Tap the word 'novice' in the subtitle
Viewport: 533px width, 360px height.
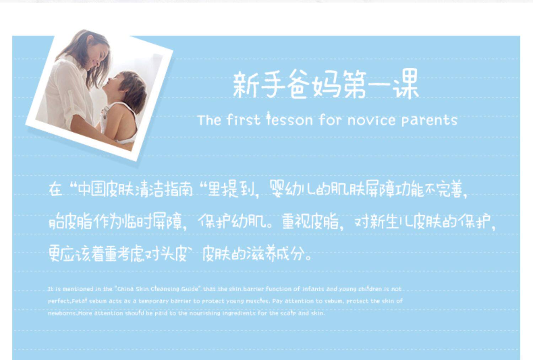[371, 120]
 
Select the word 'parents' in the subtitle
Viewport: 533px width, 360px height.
[429, 120]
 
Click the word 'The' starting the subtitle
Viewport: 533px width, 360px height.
[209, 120]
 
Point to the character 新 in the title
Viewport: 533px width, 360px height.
[245, 85]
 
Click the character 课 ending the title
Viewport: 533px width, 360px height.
[406, 84]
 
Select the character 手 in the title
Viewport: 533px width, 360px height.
[273, 85]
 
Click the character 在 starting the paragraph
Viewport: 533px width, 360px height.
[56, 189]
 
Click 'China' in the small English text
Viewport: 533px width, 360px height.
[125, 289]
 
